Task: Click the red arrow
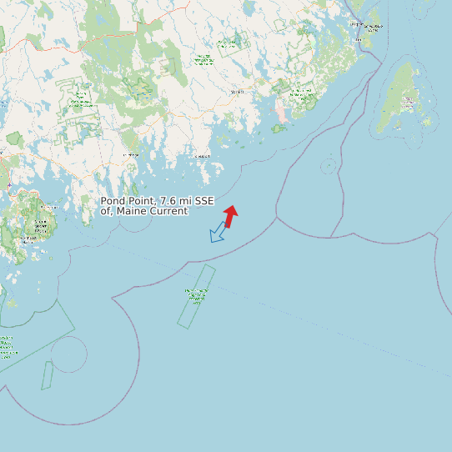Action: click(230, 216)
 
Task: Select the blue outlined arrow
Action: click(218, 233)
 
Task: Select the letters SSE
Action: click(205, 201)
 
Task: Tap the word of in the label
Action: click(106, 211)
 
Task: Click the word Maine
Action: click(133, 211)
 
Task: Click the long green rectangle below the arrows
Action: click(197, 297)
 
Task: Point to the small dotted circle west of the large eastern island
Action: click(329, 165)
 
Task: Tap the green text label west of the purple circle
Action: click(8, 346)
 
